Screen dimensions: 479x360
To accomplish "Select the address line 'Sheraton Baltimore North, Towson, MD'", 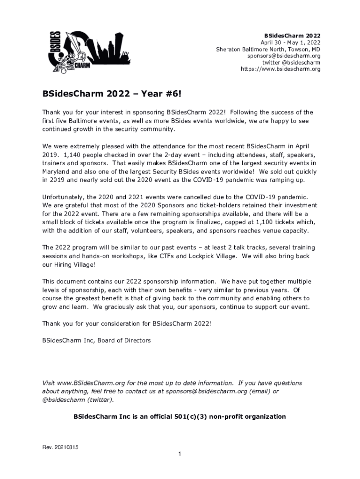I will click(x=268, y=49).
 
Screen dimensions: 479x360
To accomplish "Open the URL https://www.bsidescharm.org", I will click(x=281, y=69).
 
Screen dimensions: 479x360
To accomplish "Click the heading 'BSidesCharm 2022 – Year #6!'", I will click(x=111, y=95).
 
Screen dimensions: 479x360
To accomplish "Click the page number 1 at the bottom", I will click(x=180, y=454).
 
